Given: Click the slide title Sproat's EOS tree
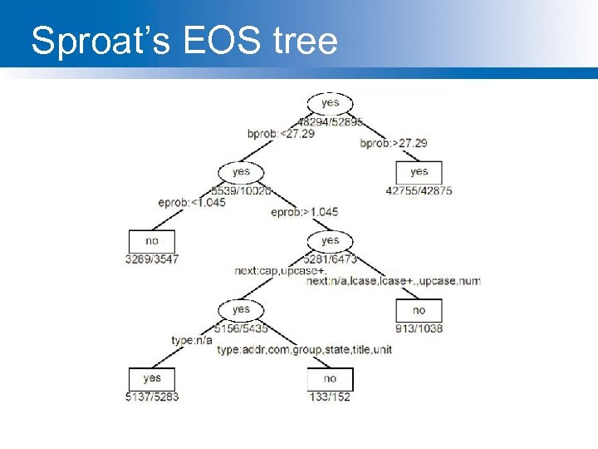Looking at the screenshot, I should pos(184,41).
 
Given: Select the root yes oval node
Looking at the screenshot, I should pos(330,103).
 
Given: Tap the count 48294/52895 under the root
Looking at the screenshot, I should pos(330,121).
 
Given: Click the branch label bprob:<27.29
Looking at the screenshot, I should pos(281,134).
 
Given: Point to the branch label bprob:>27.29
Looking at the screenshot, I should pos(394,143).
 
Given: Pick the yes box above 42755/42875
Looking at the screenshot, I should pos(419,172).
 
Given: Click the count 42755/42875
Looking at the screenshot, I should pos(419,190).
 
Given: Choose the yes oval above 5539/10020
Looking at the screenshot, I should pos(241,172).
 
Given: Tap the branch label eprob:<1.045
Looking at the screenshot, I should pos(192,202).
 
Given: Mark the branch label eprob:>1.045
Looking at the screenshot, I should pos(305,212).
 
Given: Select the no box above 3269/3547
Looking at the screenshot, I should pos(152,241).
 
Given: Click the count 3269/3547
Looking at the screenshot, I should pos(152,259).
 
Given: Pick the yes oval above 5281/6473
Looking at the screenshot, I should pos(330,241).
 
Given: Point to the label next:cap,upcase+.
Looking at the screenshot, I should pos(280,271).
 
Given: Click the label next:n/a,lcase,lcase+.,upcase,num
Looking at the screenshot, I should pos(394,281).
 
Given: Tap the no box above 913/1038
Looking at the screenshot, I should pos(419,310).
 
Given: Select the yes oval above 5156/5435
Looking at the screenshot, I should pos(241,309).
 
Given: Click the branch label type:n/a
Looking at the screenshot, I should pos(192,340).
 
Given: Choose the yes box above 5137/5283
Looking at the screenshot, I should pos(152,378).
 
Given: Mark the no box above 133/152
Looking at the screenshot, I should pos(330,378).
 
